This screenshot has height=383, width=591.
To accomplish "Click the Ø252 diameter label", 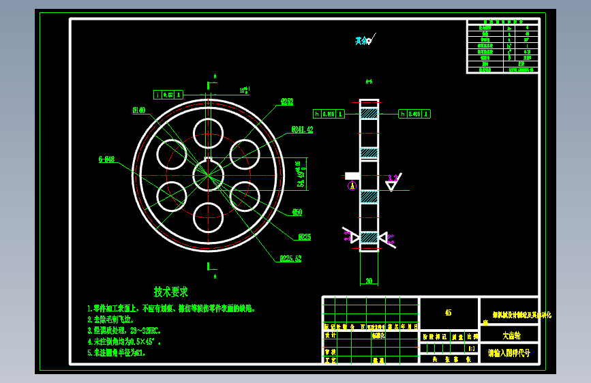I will click(x=286, y=102).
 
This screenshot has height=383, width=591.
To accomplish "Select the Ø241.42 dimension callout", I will click(x=302, y=129).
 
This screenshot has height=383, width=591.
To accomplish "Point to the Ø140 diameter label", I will click(x=139, y=110).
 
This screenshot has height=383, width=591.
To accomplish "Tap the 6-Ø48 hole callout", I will click(x=106, y=159).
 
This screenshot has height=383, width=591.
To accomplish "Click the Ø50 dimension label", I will click(x=297, y=213).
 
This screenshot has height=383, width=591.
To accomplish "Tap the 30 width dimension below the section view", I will click(x=369, y=281).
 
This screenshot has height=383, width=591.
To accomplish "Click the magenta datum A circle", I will click(x=352, y=185).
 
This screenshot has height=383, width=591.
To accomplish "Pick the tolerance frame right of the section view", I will click(x=414, y=114).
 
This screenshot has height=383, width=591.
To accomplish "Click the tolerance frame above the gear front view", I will click(x=169, y=95).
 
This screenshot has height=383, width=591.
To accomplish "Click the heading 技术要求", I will click(x=170, y=292).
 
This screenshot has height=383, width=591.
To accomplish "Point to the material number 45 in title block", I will click(x=448, y=313).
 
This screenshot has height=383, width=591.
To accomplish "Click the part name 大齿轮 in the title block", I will click(x=510, y=335).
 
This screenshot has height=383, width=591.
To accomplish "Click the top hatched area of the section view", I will click(x=369, y=114).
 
